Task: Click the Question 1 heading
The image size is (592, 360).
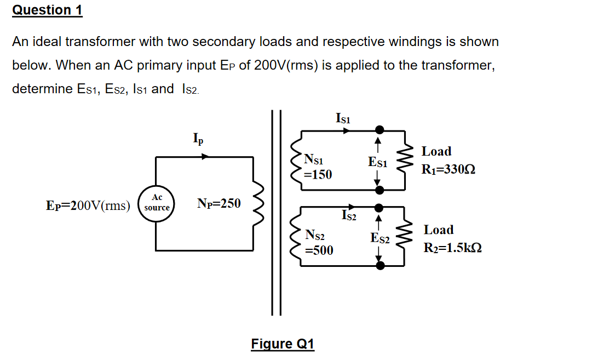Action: point(47,10)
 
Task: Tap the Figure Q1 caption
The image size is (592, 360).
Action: point(283,344)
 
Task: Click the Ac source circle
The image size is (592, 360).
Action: point(157,203)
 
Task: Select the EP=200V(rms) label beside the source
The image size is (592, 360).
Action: point(88,205)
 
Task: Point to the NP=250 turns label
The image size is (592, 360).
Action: point(219,204)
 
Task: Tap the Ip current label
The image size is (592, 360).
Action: point(198,139)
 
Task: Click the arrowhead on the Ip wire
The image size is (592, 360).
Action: point(205,157)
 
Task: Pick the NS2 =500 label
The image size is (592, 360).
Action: point(318,243)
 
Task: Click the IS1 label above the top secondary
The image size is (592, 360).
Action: point(343,118)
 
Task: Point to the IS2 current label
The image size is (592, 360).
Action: point(349,216)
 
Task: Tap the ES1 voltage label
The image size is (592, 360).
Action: point(378,162)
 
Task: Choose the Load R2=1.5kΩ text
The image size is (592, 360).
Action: point(452,238)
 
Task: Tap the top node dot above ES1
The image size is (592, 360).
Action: point(378,130)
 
